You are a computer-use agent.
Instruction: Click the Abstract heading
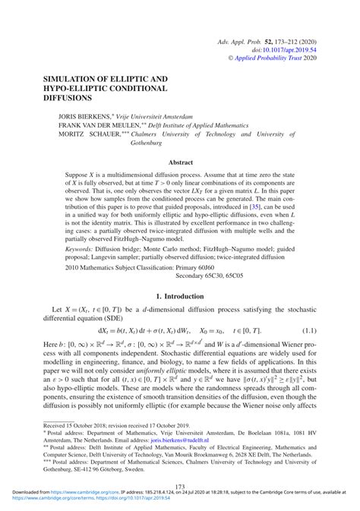(180, 162)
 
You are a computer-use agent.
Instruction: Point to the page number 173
(180, 487)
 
